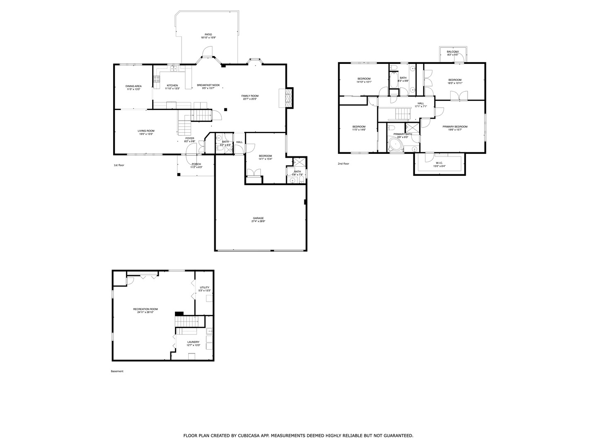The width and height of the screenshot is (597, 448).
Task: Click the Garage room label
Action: [258, 218]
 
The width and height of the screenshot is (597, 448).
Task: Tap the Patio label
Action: [208, 34]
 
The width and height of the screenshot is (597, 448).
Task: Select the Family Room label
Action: [250, 96]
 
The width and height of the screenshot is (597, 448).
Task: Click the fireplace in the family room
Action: [289, 97]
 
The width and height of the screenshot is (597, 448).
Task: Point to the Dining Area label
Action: [133, 86]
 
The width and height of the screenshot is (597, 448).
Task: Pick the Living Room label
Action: [146, 131]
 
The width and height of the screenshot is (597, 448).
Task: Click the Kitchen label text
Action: [172, 85]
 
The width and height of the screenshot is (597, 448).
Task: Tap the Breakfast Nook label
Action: [208, 85]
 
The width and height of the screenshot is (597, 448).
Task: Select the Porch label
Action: [196, 164]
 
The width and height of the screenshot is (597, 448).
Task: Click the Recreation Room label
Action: [145, 309]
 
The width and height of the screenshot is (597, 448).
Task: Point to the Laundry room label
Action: [193, 342]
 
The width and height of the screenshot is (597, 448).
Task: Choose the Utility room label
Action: [204, 287]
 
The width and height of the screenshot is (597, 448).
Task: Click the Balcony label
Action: [453, 52]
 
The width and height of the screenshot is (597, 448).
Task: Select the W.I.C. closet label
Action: [440, 163]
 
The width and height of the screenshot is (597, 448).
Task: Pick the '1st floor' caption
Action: [119, 165]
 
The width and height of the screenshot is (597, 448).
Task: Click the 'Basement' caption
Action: [117, 371]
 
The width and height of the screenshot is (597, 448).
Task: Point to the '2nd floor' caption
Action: [343, 164]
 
